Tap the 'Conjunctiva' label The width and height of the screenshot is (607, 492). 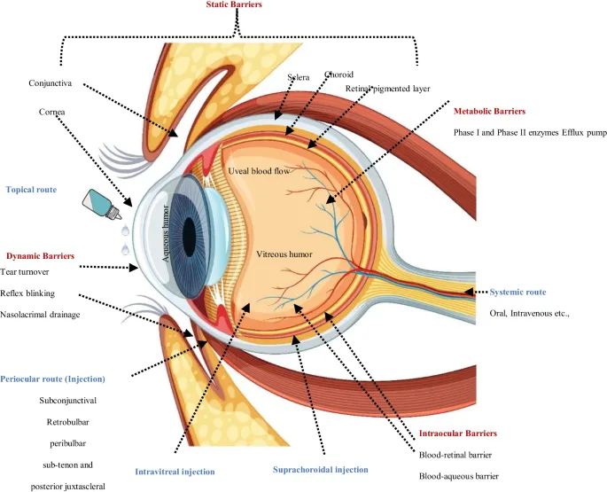(55, 84)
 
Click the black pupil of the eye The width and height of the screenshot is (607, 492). (189, 233)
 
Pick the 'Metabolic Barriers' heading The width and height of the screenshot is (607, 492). (489, 112)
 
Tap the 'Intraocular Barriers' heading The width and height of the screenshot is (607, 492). (457, 433)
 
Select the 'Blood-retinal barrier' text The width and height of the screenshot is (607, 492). (456, 455)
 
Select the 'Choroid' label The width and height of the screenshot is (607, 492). (315, 74)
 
